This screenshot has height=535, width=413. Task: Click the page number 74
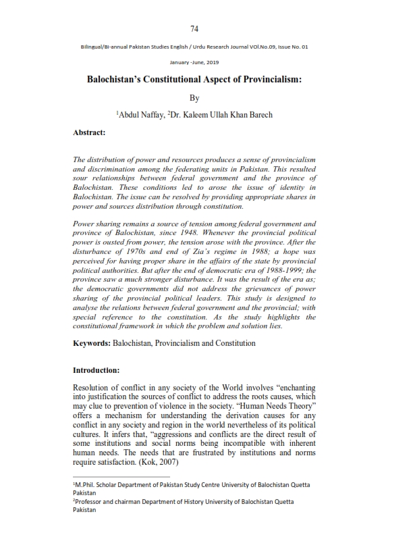(194, 28)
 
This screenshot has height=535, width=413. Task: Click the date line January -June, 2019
(194, 61)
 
